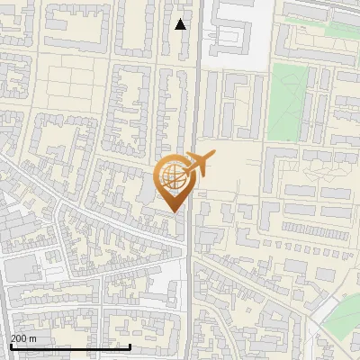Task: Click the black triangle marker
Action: point(181,24)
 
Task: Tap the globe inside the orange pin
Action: point(172,175)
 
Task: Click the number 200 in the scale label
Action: point(19,337)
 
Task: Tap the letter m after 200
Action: point(33,337)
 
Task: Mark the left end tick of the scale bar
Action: point(10,346)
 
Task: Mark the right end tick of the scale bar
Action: point(130,346)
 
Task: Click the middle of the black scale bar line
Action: point(70,346)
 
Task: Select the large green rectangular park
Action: point(287,101)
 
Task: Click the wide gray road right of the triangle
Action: point(193,54)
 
